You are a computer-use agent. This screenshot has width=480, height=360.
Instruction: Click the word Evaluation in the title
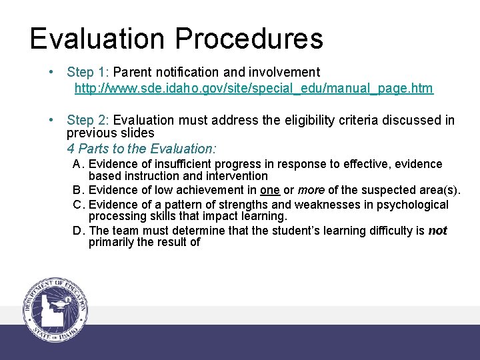coord(97,39)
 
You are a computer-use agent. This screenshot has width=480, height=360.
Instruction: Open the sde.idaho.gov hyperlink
coord(253,88)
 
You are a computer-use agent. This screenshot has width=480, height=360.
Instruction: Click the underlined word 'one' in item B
coord(270,190)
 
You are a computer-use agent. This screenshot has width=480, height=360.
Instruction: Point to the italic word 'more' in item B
coord(311,190)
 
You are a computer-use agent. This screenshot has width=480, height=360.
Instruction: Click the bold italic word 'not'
coord(437,231)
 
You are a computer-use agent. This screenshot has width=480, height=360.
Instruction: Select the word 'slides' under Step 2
coord(138,133)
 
